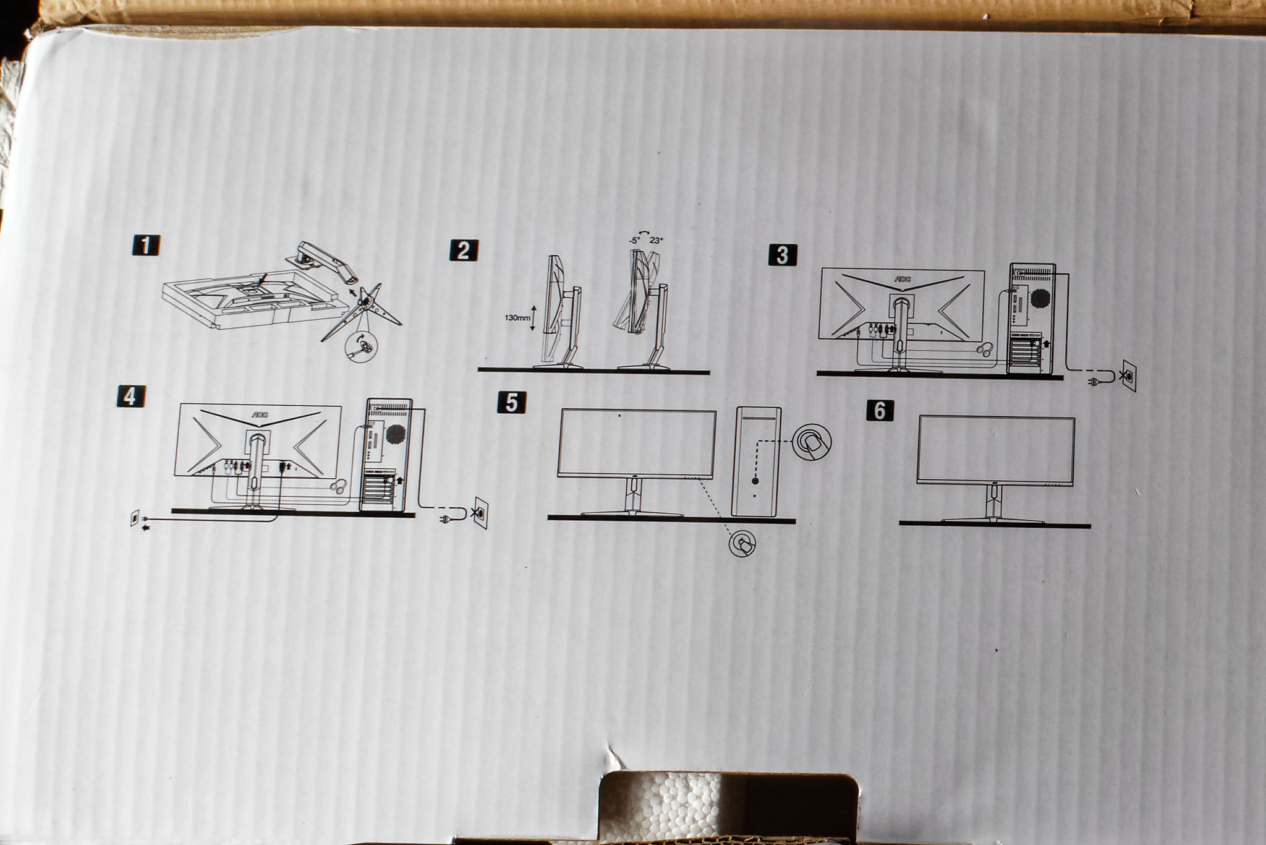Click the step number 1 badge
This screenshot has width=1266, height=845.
[x=146, y=245]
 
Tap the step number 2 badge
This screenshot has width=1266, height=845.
[x=463, y=250]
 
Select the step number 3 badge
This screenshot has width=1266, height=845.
[x=782, y=255]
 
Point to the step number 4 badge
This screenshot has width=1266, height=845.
[x=130, y=396]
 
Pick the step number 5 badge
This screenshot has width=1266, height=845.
[x=511, y=403]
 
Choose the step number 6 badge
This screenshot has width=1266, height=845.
[x=880, y=410]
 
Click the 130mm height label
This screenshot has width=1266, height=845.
[x=517, y=318]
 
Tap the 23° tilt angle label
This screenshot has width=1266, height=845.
[x=656, y=241]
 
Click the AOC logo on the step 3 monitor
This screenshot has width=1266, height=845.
[x=903, y=279]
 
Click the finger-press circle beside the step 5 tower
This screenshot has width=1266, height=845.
[x=812, y=442]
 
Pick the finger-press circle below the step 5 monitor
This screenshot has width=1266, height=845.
[x=742, y=544]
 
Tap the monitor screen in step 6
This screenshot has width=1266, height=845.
[x=995, y=450]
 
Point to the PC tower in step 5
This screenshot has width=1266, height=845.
[x=756, y=461]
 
